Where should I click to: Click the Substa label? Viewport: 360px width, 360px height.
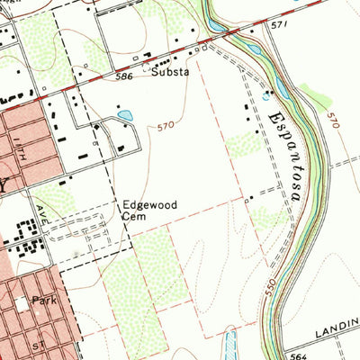click(x=169, y=75)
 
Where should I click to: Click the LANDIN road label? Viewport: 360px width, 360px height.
click(x=337, y=333)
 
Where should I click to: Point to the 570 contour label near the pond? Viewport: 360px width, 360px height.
click(x=164, y=126)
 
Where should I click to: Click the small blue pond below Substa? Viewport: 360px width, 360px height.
click(x=125, y=115)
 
